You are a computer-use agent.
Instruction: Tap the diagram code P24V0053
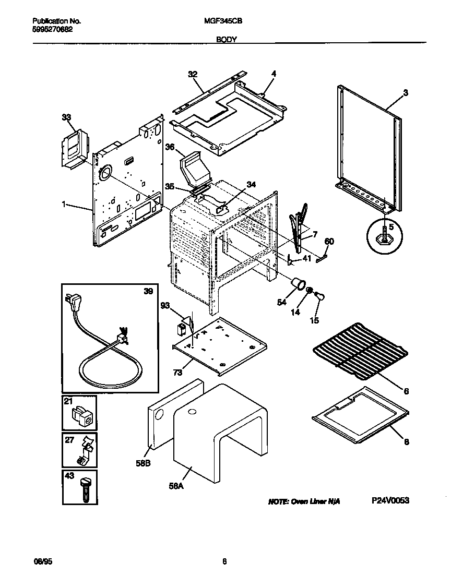tap(390, 500)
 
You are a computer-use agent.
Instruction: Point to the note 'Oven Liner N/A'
tap(304, 501)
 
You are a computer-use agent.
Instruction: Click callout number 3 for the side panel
tap(405, 93)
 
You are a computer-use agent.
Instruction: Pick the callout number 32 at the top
tap(193, 75)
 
